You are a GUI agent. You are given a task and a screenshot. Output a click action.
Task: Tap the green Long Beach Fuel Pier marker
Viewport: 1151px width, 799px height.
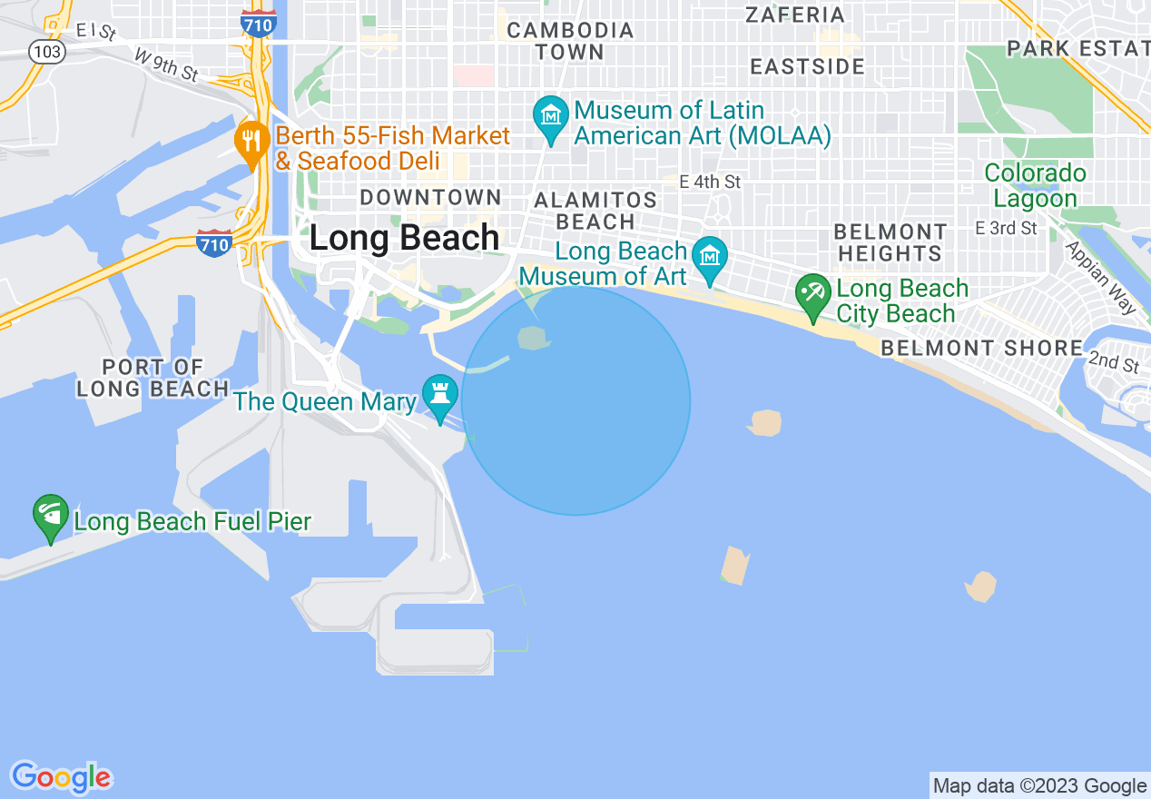(x=51, y=516)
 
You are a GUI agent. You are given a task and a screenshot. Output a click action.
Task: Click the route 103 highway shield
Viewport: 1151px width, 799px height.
(x=46, y=52)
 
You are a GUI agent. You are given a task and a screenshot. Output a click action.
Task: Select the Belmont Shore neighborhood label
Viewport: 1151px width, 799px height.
(x=981, y=348)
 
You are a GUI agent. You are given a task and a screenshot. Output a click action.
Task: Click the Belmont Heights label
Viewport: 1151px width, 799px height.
(x=890, y=242)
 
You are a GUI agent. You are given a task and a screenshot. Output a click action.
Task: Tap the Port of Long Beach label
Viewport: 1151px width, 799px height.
(x=152, y=379)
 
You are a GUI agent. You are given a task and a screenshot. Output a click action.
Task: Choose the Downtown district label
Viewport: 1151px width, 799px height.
(x=430, y=197)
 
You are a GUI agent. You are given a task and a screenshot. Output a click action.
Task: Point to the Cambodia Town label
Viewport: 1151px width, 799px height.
(x=570, y=41)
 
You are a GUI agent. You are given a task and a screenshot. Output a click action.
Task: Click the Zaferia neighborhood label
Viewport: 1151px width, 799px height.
(x=794, y=15)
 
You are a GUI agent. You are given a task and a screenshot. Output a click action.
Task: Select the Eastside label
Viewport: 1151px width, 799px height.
(x=808, y=66)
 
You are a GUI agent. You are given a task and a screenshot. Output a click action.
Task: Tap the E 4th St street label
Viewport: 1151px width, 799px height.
(x=710, y=182)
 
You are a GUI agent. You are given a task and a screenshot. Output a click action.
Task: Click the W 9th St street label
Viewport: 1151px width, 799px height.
(x=165, y=65)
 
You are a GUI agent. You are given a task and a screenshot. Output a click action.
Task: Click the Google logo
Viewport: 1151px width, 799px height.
(x=61, y=777)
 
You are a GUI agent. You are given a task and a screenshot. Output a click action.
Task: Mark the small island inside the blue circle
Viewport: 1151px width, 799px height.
(x=534, y=340)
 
